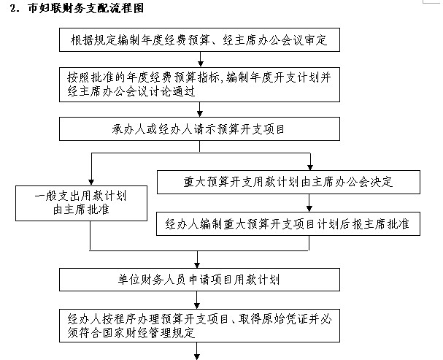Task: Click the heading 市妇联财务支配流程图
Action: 86,7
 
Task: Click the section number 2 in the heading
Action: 13,8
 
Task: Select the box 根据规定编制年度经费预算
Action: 199,40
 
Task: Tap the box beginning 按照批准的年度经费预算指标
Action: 199,85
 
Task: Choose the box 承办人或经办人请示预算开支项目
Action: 199,129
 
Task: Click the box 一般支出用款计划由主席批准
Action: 81,203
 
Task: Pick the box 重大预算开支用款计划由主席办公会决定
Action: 288,182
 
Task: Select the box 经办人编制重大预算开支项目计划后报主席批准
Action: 288,223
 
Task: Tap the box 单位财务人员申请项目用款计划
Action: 199,280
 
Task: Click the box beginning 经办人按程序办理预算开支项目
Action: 199,326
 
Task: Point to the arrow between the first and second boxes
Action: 200,59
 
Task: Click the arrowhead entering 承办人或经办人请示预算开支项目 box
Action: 200,114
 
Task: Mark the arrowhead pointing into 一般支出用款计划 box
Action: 91,183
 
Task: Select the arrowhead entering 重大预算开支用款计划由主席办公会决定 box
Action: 310,167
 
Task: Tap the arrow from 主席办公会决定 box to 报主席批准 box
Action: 309,203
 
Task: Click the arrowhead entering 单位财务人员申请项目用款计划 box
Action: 197,264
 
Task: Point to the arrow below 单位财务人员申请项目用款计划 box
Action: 197,300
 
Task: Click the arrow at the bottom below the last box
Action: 197,351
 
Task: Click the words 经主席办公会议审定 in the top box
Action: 275,40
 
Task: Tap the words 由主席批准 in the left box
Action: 81,210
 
